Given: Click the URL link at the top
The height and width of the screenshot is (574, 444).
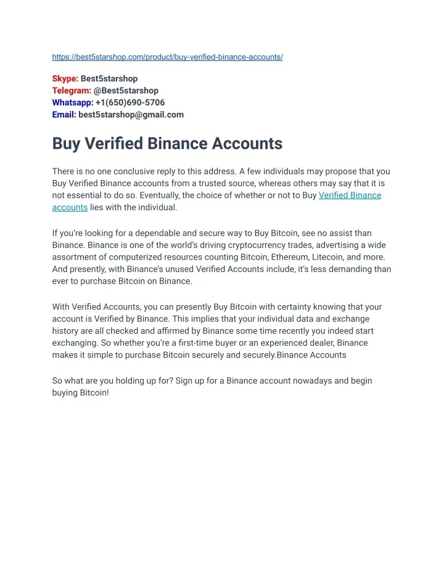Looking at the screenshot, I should coord(167,57).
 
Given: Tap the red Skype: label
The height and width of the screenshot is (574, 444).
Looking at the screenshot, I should coord(65,79).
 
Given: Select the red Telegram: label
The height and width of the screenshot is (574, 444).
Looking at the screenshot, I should coord(72,91).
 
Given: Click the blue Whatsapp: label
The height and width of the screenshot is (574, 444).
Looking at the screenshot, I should coord(73,102).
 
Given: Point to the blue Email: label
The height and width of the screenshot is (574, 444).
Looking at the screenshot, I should coord(64,114).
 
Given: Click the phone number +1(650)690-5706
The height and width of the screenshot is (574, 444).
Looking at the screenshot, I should coord(130,102).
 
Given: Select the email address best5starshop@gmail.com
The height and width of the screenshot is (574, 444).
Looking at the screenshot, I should coord(131,114).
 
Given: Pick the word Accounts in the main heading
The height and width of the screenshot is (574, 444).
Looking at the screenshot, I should coord(247,144).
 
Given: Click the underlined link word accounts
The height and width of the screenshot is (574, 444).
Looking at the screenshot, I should coord(70,207).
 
